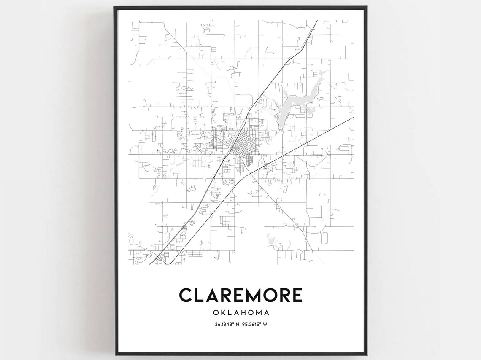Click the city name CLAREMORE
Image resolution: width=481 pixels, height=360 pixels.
240,295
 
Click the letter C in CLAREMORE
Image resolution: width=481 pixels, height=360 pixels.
186,295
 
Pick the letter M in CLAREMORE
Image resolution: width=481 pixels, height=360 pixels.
256,295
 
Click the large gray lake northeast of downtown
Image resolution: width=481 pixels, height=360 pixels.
295,101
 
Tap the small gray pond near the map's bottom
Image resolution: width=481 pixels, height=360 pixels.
271,239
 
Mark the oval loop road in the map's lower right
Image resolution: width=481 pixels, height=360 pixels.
324,238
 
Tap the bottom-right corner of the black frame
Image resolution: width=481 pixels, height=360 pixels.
365,353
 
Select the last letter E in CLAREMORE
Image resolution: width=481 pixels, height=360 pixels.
296,295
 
